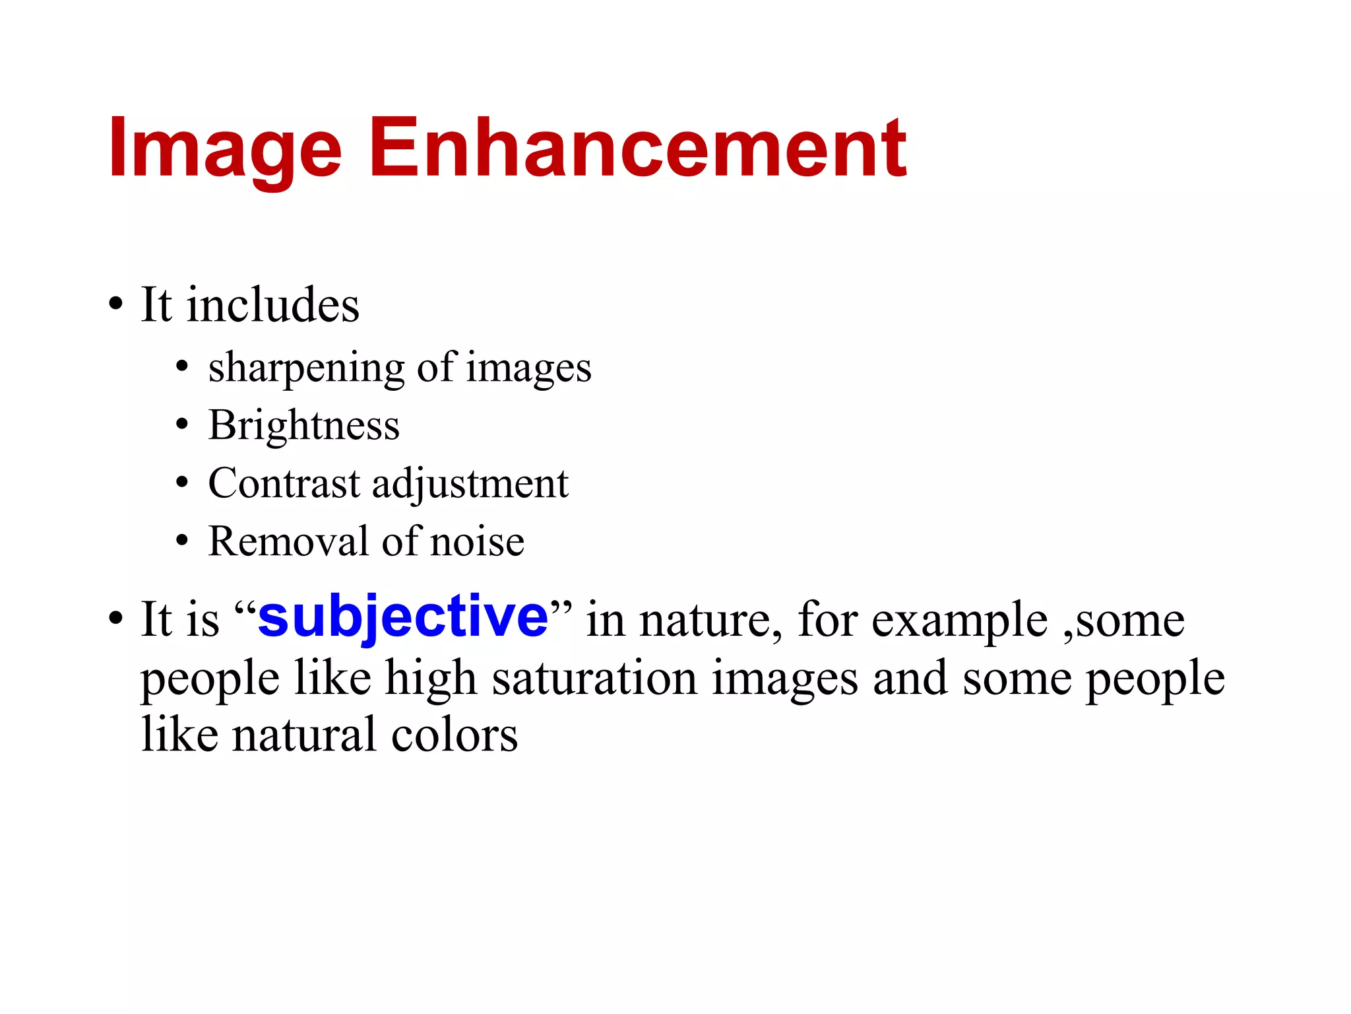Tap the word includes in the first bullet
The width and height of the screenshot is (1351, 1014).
tap(272, 305)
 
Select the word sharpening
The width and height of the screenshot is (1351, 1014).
tap(306, 368)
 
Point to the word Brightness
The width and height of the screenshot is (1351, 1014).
tap(304, 425)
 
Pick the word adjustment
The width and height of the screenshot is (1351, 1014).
tap(470, 485)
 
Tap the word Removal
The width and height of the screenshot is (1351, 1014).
tap(288, 541)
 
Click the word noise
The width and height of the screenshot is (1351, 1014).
tap(477, 542)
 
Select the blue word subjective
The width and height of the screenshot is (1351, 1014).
tap(403, 617)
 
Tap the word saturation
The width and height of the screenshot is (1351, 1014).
tap(594, 679)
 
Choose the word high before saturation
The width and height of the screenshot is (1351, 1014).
tap(431, 679)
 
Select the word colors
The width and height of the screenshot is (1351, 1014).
tap(455, 735)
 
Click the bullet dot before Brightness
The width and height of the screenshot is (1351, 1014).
tap(182, 425)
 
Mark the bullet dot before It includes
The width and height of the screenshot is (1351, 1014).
tap(116, 305)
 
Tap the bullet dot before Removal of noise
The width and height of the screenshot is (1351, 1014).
tap(182, 541)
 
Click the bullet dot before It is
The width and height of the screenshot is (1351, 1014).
tap(116, 619)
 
